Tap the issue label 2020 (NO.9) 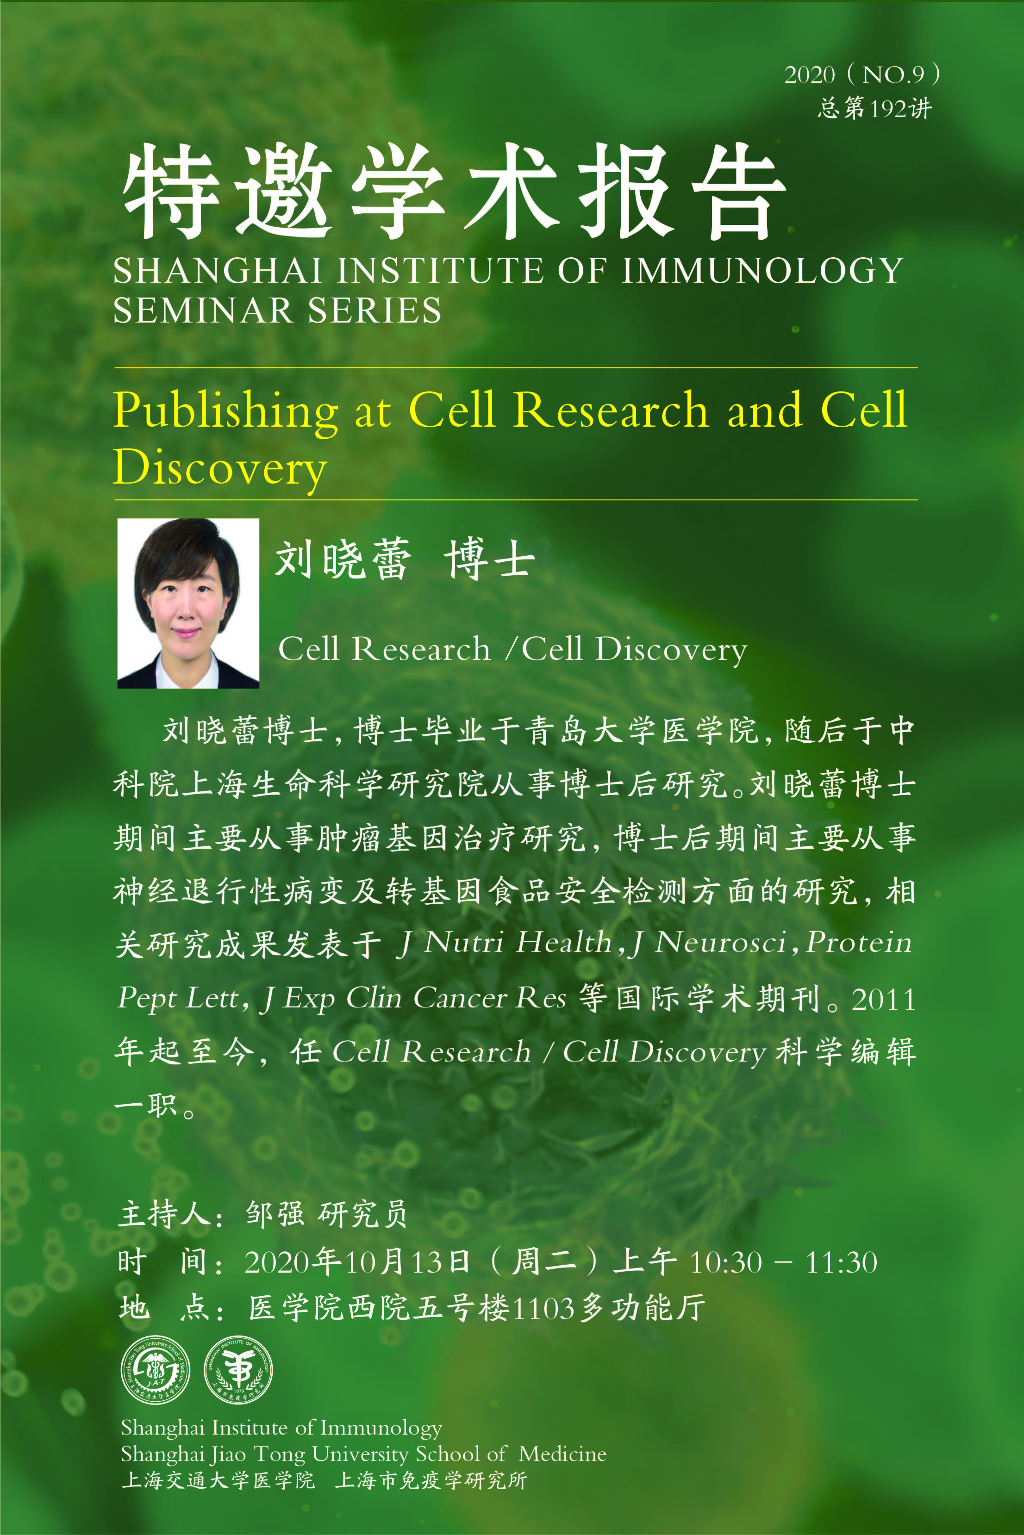(862, 75)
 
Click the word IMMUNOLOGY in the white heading (763, 270)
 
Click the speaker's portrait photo (188, 603)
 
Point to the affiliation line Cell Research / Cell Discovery (512, 649)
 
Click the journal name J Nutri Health (504, 942)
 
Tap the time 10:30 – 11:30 (783, 1262)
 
